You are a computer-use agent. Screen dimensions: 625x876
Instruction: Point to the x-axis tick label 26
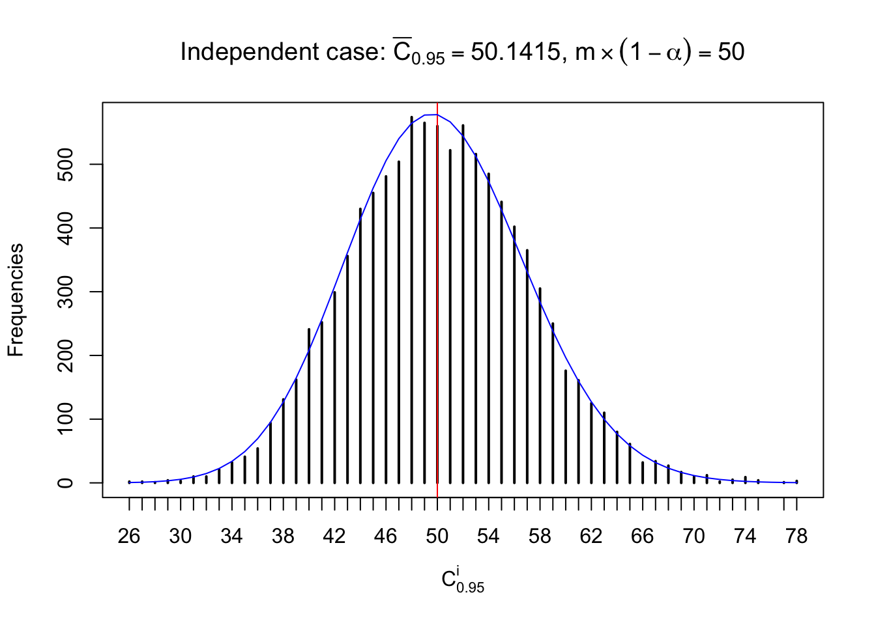point(129,536)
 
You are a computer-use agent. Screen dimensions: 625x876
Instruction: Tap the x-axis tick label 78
point(796,536)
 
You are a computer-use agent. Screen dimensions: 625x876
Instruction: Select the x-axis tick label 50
point(437,536)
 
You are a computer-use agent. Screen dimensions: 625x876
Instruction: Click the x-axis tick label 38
point(283,536)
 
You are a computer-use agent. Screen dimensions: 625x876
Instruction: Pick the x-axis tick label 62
point(591,536)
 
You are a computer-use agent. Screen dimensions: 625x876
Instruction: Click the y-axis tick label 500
point(65,164)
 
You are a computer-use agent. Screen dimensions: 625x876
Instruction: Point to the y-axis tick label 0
point(65,483)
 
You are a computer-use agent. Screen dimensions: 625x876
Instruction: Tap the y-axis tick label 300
point(65,292)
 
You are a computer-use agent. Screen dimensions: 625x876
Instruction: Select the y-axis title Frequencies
point(16,300)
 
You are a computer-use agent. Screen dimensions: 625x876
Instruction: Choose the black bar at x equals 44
point(360,346)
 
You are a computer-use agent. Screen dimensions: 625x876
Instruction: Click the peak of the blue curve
point(431,115)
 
